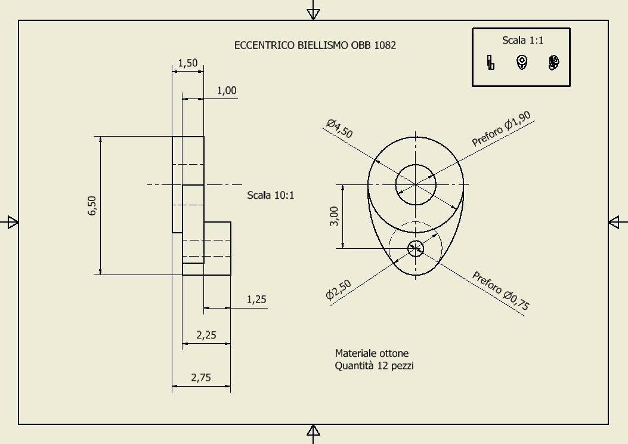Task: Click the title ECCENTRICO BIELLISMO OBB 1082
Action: pyautogui.click(x=315, y=45)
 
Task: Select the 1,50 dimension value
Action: pyautogui.click(x=188, y=63)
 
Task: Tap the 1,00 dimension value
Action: pyautogui.click(x=227, y=91)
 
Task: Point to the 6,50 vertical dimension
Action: pyautogui.click(x=92, y=205)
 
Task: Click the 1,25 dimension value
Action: pyautogui.click(x=256, y=300)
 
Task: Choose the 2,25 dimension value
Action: pyautogui.click(x=206, y=335)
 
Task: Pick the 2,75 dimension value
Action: pyautogui.click(x=201, y=378)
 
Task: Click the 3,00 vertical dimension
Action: pyautogui.click(x=334, y=216)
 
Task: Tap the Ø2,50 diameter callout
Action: pyautogui.click(x=338, y=289)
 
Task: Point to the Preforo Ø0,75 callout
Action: pyautogui.click(x=501, y=291)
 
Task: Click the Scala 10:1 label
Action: pyautogui.click(x=270, y=195)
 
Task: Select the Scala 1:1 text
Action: pyautogui.click(x=522, y=40)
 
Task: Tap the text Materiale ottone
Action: pyautogui.click(x=372, y=353)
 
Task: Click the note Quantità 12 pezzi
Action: pyautogui.click(x=374, y=365)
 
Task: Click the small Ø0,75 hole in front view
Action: pyautogui.click(x=416, y=248)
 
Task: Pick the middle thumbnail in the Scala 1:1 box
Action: pyautogui.click(x=522, y=62)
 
